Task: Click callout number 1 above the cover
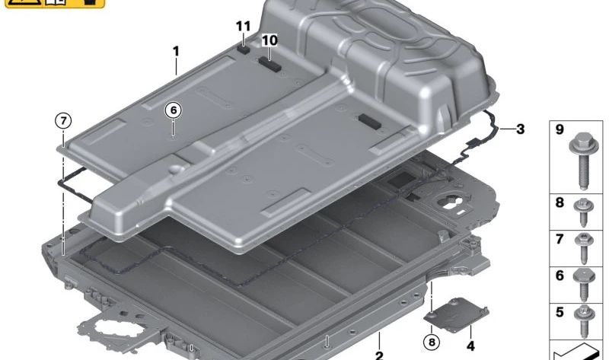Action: point(176,52)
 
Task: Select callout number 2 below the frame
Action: point(378,355)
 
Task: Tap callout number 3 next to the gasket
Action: point(520,129)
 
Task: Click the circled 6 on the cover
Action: point(174,110)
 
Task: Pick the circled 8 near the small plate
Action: point(432,342)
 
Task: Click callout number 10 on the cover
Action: point(269,40)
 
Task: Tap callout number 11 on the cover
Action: point(243,27)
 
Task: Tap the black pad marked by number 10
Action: point(271,63)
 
